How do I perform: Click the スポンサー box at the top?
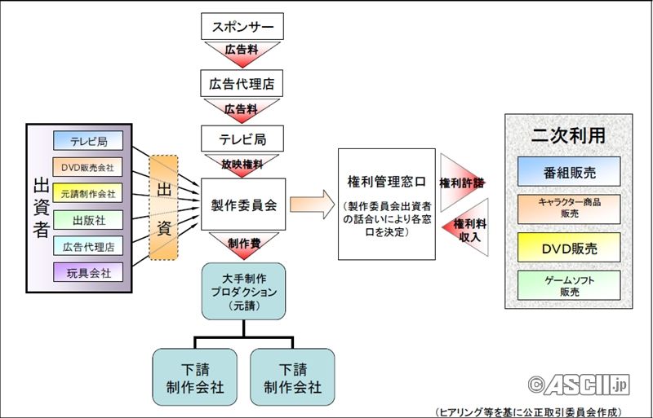pyautogui.click(x=242, y=26)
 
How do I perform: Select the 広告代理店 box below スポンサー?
pyautogui.click(x=242, y=82)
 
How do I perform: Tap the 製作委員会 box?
pyautogui.click(x=242, y=205)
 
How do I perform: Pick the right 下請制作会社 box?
pyautogui.click(x=292, y=376)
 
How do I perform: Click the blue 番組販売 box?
pyautogui.click(x=568, y=171)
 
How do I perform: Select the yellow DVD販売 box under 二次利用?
pyautogui.click(x=568, y=245)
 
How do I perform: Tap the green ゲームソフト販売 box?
pyautogui.click(x=568, y=284)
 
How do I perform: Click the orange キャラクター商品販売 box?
pyautogui.click(x=568, y=208)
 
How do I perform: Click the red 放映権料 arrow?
pyautogui.click(x=242, y=164)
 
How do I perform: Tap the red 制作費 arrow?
pyautogui.click(x=242, y=242)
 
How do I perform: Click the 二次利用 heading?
pyautogui.click(x=569, y=136)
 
